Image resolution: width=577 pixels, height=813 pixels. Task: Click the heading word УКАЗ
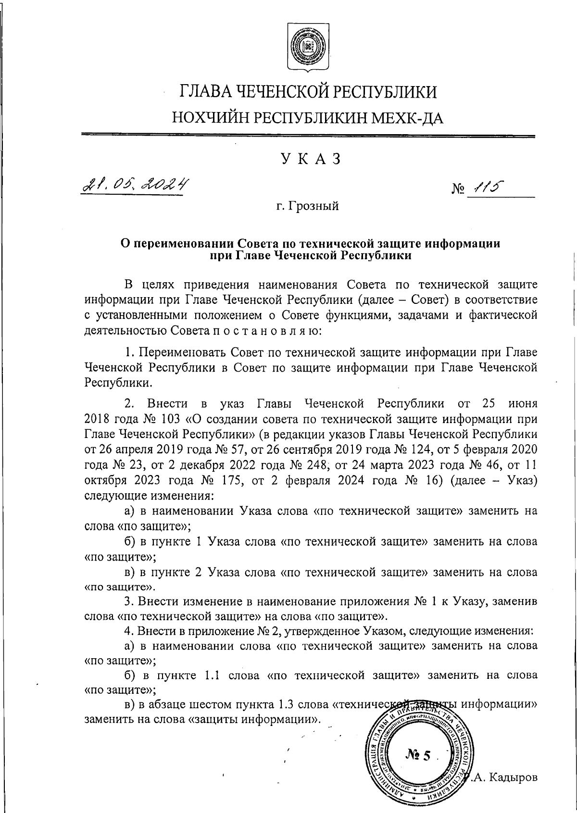(x=308, y=159)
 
